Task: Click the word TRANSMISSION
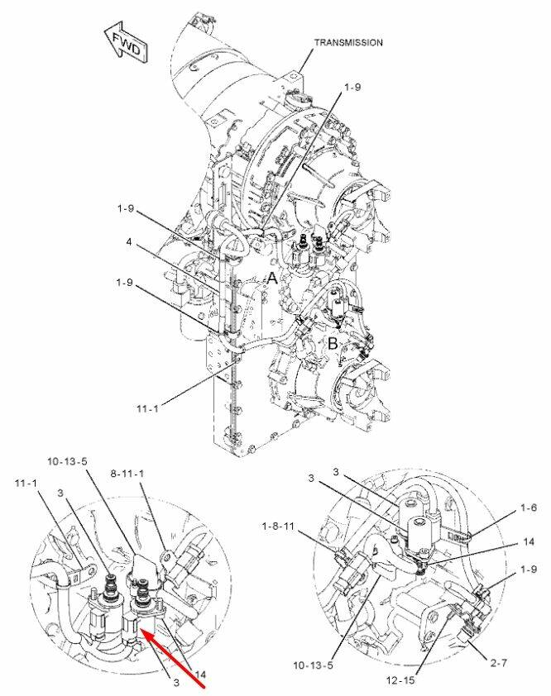pos(348,43)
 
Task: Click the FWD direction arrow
pos(126,42)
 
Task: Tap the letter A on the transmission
pos(272,279)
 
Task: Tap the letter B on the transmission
pos(333,343)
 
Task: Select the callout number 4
pos(128,243)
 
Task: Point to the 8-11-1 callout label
pos(127,474)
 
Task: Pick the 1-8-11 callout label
pos(278,527)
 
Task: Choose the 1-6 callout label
pos(529,508)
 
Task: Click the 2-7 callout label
pos(499,663)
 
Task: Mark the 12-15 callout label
pos(400,680)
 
